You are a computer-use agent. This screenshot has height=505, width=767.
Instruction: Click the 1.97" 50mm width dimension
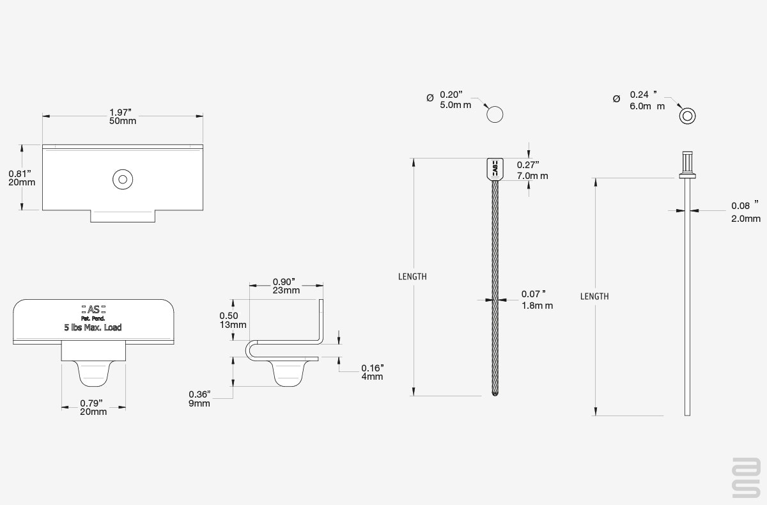[123, 116]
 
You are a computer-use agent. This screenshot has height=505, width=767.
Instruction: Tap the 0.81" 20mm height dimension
[22, 178]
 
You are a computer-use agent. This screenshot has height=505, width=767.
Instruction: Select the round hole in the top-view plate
[123, 179]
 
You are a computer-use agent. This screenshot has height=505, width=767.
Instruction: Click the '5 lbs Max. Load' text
[93, 327]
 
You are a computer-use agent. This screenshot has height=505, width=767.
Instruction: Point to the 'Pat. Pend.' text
[93, 318]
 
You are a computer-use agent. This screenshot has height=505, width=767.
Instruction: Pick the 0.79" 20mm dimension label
[93, 407]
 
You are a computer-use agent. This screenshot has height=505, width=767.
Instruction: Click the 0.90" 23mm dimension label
[286, 286]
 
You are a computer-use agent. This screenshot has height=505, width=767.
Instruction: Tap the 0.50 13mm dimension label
[233, 320]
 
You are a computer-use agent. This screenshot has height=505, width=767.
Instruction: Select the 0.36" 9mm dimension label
[199, 399]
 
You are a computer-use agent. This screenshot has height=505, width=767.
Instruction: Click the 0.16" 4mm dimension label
[372, 372]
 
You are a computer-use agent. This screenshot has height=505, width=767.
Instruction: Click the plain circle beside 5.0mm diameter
[495, 114]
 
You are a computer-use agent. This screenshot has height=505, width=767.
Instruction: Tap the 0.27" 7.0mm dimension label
[532, 170]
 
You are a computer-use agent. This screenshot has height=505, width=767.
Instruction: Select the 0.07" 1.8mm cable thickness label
[537, 300]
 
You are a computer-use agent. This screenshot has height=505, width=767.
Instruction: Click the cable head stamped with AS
[495, 169]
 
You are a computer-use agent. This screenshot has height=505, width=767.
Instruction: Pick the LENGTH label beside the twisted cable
[412, 277]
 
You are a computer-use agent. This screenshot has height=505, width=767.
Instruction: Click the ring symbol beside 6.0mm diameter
[687, 116]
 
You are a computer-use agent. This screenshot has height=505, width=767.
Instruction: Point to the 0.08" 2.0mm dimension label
[746, 212]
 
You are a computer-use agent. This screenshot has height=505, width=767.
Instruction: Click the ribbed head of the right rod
[687, 165]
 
